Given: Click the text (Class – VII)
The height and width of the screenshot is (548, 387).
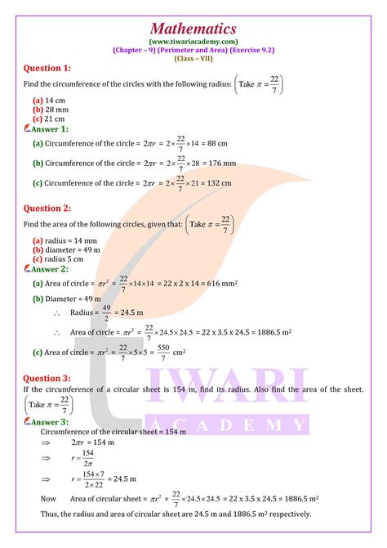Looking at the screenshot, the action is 193,58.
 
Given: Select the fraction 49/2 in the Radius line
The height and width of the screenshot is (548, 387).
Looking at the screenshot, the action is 105,312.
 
